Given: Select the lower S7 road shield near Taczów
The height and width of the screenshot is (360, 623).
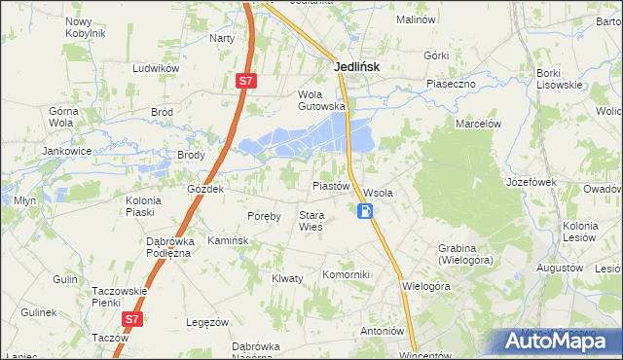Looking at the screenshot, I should click(x=131, y=318).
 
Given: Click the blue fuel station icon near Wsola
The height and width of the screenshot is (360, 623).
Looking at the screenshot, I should click(x=365, y=211).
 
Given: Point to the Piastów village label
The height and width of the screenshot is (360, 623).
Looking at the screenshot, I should click(x=330, y=185).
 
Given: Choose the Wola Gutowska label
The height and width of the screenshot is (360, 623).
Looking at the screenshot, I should click(x=321, y=100).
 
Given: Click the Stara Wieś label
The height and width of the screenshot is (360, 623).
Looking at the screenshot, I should click(x=311, y=221).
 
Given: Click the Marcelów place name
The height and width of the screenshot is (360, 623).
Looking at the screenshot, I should click(x=478, y=124).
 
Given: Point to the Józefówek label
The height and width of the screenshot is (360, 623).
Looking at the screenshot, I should click(x=531, y=182).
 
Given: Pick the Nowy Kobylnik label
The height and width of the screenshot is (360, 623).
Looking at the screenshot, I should click(x=85, y=27).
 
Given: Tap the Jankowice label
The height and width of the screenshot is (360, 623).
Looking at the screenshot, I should click(x=66, y=151).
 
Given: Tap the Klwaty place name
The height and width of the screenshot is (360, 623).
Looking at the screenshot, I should click(x=287, y=278).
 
